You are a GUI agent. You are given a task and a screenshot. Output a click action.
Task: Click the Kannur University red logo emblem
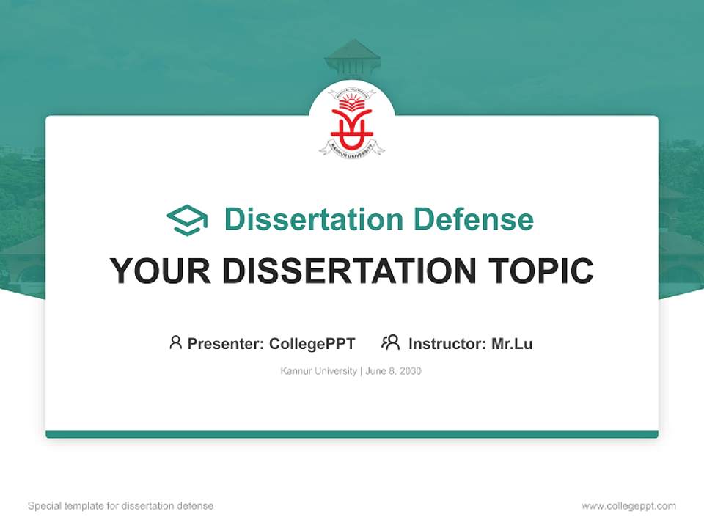point(352,122)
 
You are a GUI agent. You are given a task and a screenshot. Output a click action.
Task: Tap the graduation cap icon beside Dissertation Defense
point(187,219)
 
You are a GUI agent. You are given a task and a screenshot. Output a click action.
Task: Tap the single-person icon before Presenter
point(175,342)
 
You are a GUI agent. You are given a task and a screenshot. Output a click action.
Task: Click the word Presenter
point(225,343)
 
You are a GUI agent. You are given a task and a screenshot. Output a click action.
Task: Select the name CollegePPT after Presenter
point(312,343)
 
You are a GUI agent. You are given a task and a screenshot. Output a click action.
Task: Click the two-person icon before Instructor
point(390,342)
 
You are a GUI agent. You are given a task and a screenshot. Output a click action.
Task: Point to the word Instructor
point(447,343)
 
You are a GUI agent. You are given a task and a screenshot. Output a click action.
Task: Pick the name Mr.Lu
point(512,343)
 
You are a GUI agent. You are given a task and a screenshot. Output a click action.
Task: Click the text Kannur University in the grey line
point(318,371)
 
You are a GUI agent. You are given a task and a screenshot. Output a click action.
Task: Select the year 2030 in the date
point(411,371)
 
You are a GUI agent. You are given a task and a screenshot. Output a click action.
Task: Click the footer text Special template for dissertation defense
point(121,506)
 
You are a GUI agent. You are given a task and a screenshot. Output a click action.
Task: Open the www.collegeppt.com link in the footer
point(628,506)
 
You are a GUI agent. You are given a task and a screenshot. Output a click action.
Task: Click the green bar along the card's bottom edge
point(352,434)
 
